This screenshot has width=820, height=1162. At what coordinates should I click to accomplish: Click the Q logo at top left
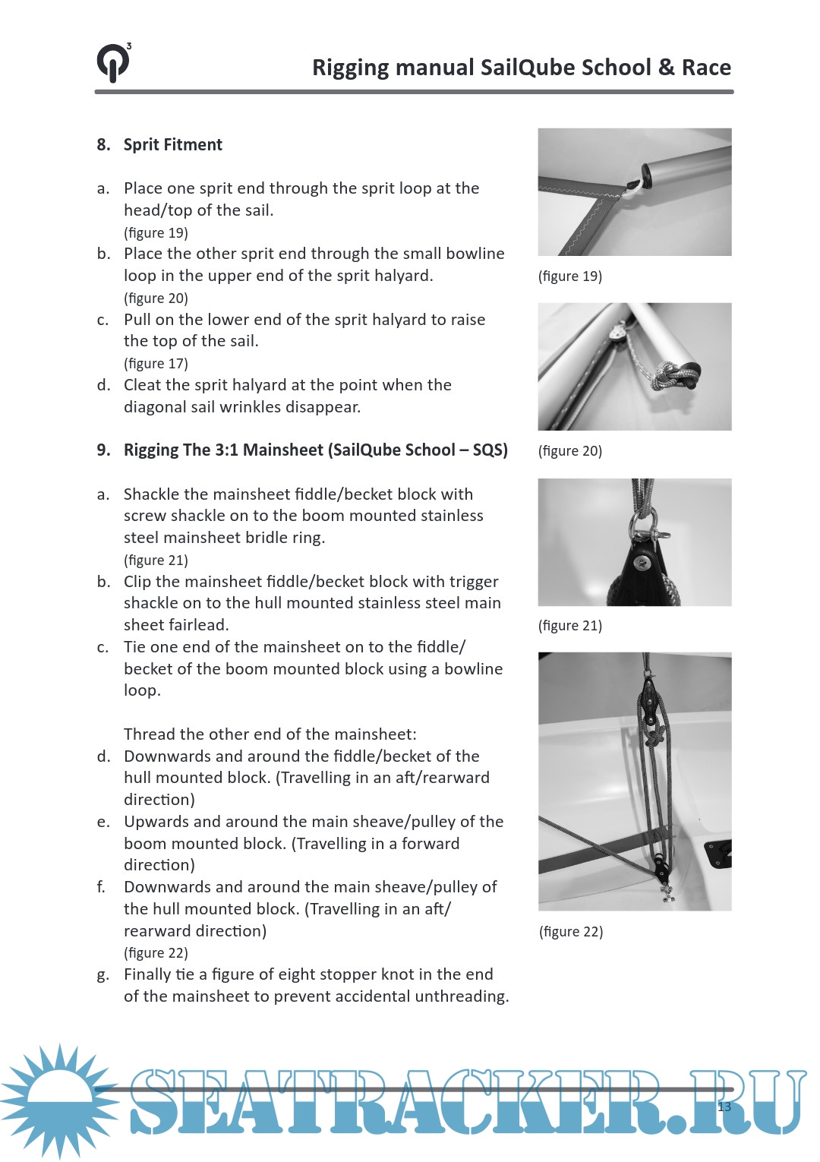(x=113, y=62)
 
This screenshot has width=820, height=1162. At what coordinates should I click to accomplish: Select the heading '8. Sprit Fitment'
(x=159, y=145)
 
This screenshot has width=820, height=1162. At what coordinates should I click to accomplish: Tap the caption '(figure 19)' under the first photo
(x=570, y=276)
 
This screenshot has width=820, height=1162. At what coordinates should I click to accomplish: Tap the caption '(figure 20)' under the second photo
(x=570, y=451)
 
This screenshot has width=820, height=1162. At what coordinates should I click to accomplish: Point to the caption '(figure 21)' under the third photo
(x=570, y=626)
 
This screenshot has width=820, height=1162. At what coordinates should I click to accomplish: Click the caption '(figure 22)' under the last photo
(x=571, y=932)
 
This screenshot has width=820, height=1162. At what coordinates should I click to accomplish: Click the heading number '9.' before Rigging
(x=103, y=450)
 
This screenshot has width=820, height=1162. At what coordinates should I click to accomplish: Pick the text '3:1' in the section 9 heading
(x=227, y=450)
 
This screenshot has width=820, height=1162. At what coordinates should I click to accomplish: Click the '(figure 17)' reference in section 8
(x=156, y=364)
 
